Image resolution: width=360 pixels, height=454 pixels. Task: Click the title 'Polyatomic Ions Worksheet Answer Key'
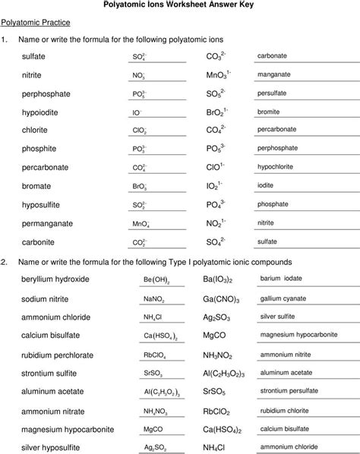tap(180, 6)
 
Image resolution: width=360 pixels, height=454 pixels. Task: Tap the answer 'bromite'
tap(270, 112)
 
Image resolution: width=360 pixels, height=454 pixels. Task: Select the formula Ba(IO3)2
tap(223, 279)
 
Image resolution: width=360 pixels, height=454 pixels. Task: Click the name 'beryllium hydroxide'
tap(56, 279)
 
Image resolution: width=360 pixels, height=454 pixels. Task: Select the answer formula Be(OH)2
tap(156, 280)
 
